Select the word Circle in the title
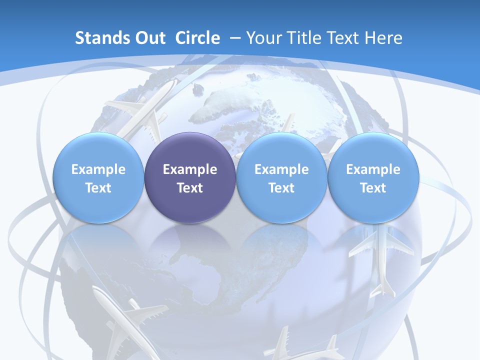pyautogui.click(x=197, y=38)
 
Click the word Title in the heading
pyautogui.click(x=306, y=38)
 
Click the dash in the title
pyautogui.click(x=235, y=38)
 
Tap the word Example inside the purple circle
pyautogui.click(x=190, y=169)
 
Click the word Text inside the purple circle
pyautogui.click(x=190, y=188)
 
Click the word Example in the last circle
pyautogui.click(x=373, y=169)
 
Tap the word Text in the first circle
pyautogui.click(x=98, y=188)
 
